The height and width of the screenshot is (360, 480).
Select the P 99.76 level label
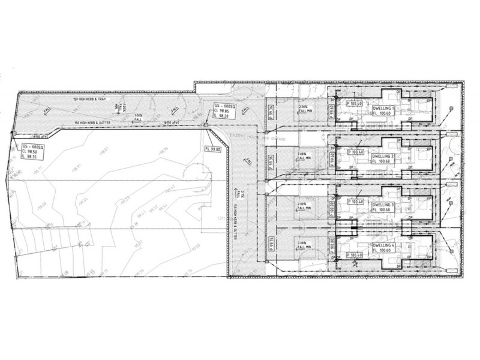[x=272, y=247]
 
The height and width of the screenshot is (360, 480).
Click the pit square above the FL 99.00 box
[x=205, y=125]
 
